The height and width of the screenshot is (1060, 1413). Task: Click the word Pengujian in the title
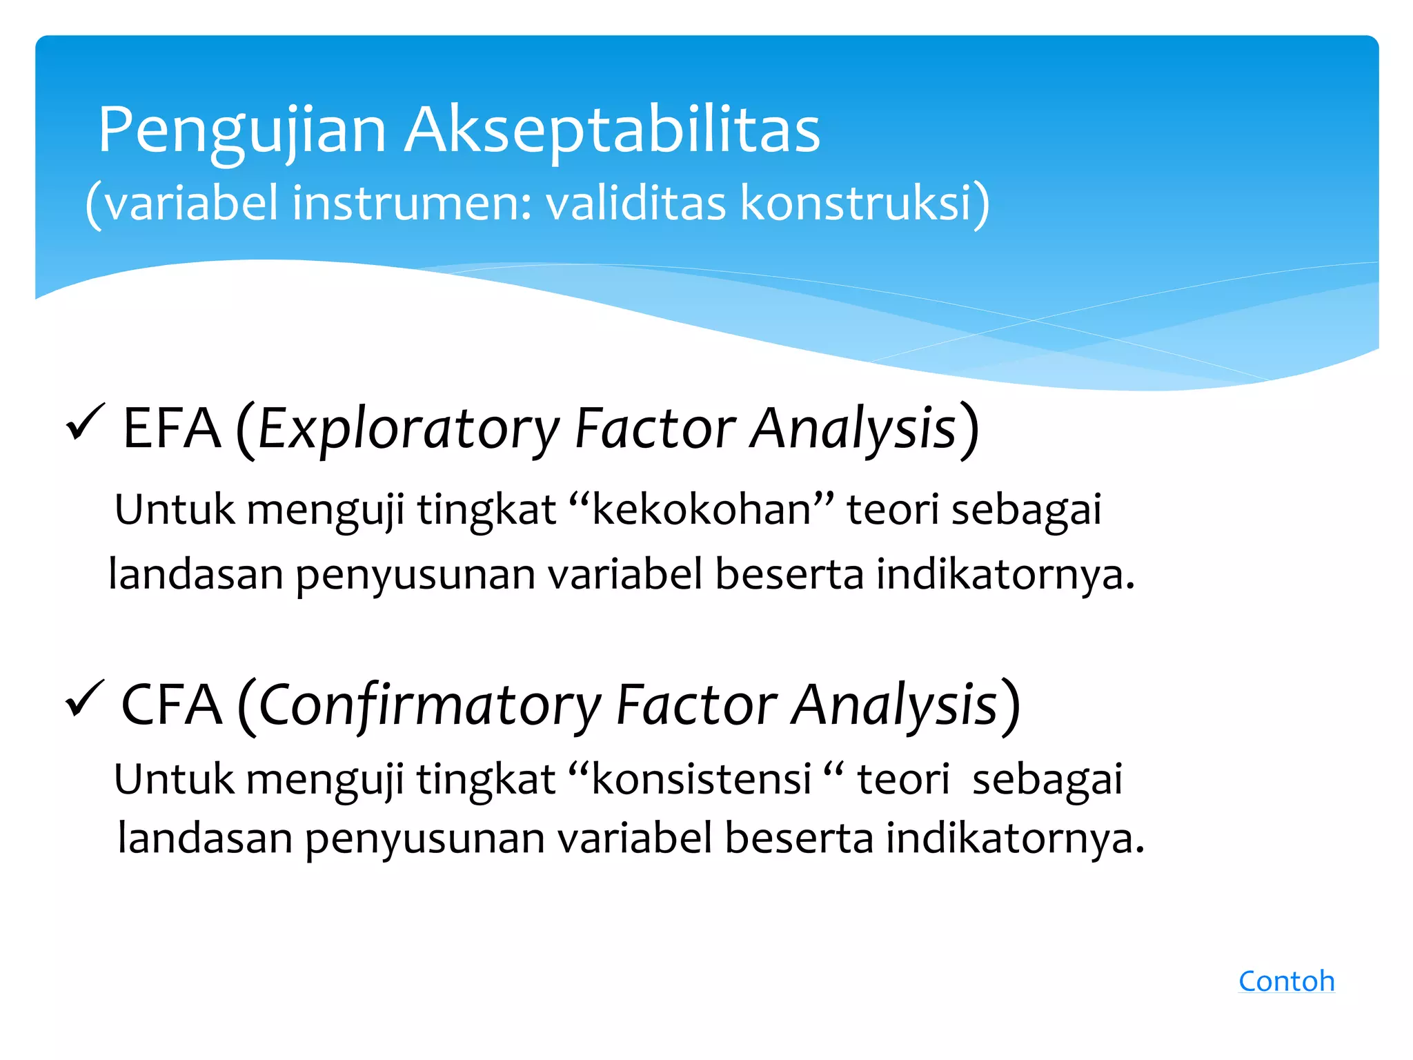click(x=241, y=131)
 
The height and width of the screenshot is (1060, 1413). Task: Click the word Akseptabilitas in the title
click(x=612, y=131)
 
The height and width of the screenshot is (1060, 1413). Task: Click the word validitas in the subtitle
click(x=635, y=204)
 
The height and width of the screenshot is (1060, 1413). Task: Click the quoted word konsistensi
click(x=701, y=780)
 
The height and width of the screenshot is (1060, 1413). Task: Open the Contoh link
click(x=1286, y=981)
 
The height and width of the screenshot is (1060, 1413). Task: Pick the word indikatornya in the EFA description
click(x=1005, y=575)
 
